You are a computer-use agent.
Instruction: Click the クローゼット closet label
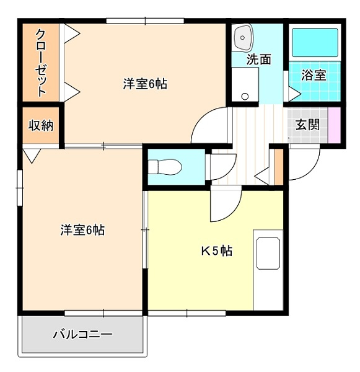40,63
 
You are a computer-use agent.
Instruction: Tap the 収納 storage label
41,125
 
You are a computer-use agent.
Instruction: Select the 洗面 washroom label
258,60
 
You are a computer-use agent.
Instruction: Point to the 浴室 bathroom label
314,75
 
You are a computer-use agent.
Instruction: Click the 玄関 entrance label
307,125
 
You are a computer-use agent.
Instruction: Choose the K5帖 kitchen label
216,251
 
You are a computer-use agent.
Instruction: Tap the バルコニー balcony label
82,335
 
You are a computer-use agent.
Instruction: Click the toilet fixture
165,167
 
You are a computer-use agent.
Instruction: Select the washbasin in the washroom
243,38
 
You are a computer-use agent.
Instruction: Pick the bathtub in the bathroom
315,43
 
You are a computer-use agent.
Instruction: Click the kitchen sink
268,254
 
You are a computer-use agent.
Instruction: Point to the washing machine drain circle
245,96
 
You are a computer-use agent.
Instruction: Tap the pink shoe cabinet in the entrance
335,125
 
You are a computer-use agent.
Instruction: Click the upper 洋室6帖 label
145,84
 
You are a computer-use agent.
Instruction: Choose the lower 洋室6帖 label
82,229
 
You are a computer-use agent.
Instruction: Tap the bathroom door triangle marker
294,94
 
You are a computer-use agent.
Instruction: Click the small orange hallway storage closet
279,167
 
